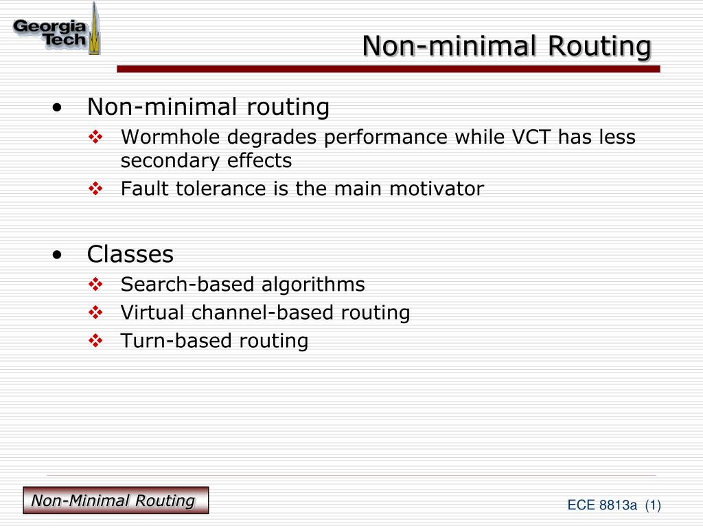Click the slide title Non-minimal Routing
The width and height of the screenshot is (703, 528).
507,46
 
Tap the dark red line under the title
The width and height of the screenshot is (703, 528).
389,69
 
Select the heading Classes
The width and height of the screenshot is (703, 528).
130,254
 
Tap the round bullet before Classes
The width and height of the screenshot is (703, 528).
57,255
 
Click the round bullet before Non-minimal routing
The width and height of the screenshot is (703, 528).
57,108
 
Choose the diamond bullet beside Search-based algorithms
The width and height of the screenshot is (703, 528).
95,284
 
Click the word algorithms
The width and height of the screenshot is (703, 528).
313,285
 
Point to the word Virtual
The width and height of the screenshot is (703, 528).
152,313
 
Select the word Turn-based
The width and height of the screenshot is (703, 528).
176,341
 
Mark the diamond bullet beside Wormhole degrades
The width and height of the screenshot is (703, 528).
95,137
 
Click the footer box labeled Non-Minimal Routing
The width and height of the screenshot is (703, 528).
115,500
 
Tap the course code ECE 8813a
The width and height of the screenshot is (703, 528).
601,505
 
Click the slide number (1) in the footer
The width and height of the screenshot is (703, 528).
654,505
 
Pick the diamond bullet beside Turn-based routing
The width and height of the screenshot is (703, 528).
95,341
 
